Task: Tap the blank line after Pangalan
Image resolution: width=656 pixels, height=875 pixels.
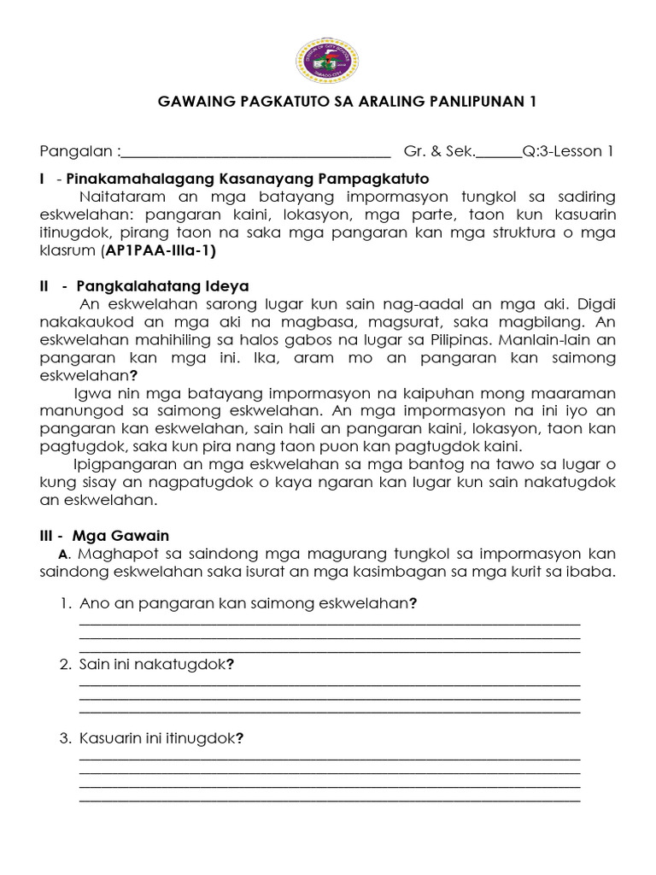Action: pyautogui.click(x=255, y=155)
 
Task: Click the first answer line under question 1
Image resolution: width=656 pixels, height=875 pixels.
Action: pyautogui.click(x=329, y=624)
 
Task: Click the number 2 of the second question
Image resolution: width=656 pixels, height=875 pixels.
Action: pyautogui.click(x=65, y=664)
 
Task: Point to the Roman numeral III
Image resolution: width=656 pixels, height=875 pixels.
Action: pyautogui.click(x=48, y=536)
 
